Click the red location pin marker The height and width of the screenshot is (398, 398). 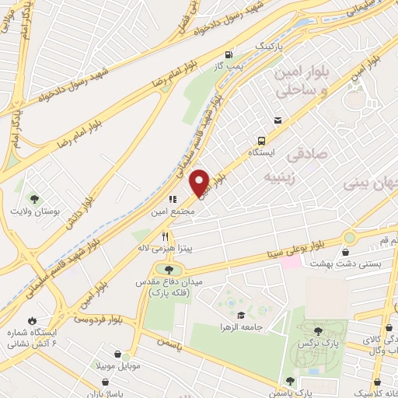200,182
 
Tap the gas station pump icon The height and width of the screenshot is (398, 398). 228,54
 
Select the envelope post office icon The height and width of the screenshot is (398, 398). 278,120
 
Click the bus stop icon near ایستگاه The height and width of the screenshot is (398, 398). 262,141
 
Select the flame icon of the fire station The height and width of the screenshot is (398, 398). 31,320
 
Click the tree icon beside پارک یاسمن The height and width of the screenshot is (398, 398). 290,381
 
